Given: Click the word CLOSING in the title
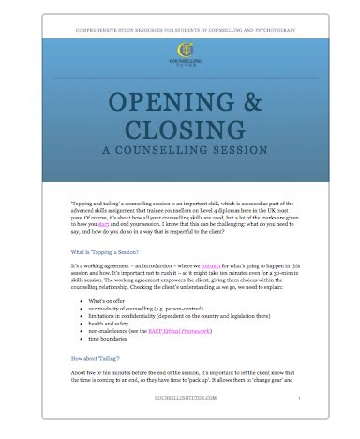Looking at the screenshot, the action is [x=181, y=129].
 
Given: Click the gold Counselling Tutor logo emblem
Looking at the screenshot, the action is [x=180, y=50].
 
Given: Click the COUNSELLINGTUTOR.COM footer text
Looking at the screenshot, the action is [x=180, y=422].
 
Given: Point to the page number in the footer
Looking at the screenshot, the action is [x=298, y=422].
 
